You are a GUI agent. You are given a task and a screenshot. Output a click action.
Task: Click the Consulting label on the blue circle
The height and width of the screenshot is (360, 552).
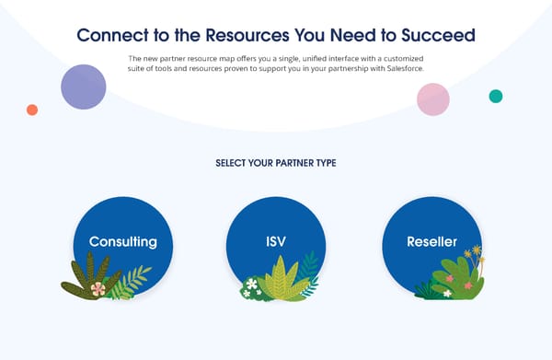tap(122, 242)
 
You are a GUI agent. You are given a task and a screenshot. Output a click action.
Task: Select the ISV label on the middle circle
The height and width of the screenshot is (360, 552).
tap(275, 242)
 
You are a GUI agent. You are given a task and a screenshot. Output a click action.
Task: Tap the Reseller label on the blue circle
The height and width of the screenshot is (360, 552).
tap(431, 242)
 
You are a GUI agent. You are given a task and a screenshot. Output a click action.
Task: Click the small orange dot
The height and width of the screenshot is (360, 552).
tap(32, 110)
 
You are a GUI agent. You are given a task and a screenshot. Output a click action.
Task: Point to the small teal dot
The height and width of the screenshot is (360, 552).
tap(496, 96)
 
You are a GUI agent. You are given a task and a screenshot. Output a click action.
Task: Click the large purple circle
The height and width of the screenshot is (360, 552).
tap(84, 87)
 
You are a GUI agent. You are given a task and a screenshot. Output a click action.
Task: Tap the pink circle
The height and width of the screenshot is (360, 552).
tap(432, 99)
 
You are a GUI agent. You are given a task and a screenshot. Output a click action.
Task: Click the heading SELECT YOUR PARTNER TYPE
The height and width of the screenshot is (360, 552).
tap(275, 163)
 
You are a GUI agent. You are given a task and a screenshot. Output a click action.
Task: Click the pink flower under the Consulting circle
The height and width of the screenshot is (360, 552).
tap(98, 288)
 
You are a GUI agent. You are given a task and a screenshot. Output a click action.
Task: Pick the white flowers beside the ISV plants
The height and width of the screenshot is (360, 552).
tap(250, 287)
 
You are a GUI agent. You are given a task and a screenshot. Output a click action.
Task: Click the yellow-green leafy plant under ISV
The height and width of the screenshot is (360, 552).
tap(280, 282)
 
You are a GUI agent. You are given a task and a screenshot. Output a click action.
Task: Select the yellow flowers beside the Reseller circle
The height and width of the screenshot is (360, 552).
tap(474, 252)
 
